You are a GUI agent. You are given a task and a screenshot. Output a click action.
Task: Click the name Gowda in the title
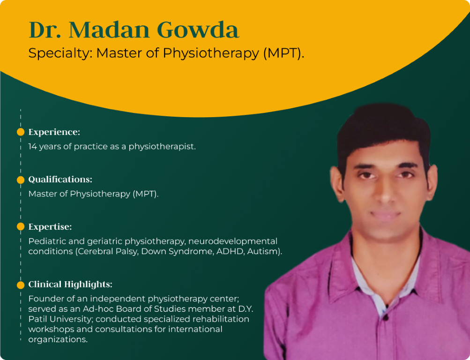click(x=198, y=30)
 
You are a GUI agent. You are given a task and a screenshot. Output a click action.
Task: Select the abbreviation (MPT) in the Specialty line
click(x=283, y=53)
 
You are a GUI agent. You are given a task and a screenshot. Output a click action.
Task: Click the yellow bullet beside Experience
click(x=21, y=132)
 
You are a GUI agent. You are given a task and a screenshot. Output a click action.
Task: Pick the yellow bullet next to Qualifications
click(x=21, y=180)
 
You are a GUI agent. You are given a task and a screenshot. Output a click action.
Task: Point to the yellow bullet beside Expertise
click(x=21, y=226)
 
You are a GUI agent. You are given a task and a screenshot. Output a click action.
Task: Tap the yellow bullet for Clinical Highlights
click(x=21, y=285)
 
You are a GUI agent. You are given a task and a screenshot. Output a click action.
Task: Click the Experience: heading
click(x=54, y=132)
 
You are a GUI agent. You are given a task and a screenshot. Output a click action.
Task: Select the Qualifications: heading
click(x=60, y=179)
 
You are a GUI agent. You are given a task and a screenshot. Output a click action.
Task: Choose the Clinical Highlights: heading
click(x=70, y=284)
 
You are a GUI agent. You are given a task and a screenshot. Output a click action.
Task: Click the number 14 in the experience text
click(x=32, y=146)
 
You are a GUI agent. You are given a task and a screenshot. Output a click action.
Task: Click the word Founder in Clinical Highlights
click(x=45, y=299)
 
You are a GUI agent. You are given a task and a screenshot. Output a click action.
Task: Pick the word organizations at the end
click(x=58, y=339)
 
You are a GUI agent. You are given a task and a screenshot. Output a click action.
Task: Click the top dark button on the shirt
click(x=387, y=316)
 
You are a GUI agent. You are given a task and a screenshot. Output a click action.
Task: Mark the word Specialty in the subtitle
click(x=60, y=53)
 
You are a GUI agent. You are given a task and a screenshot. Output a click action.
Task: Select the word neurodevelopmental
click(x=233, y=241)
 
